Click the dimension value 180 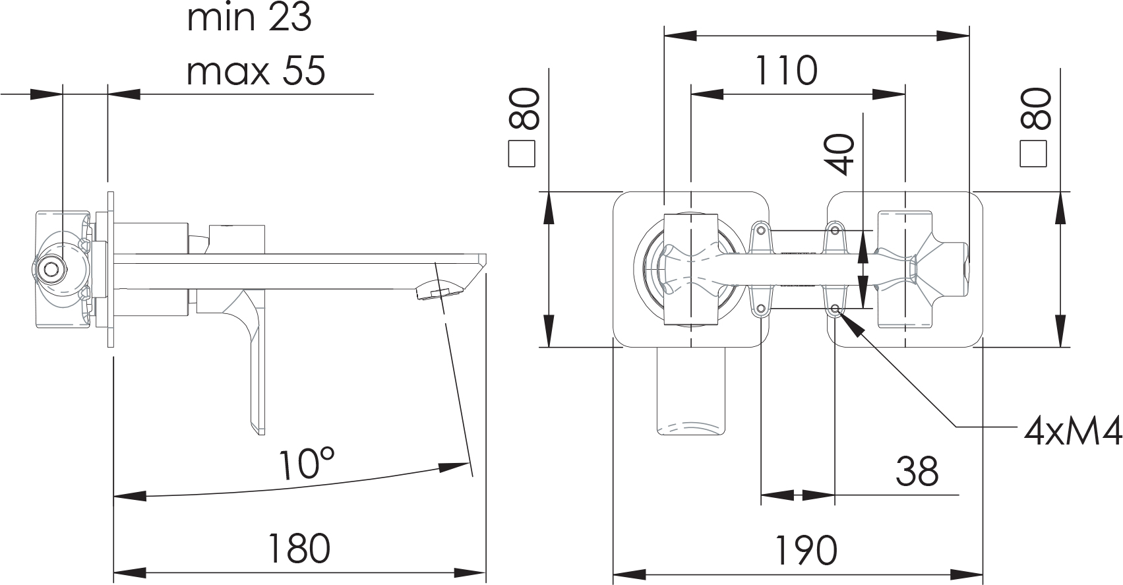pos(299,549)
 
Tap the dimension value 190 pos(806,551)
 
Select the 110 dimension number pos(785,70)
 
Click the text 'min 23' pos(249,18)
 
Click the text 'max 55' pos(256,70)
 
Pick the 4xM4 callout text pos(1072,433)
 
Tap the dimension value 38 pos(917,472)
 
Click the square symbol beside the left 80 pos(522,154)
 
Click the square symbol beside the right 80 pos(1033,154)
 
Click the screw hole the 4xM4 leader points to pos(835,309)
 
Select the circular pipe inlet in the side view pos(49,269)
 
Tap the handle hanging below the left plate pos(691,391)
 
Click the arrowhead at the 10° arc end pos(454,467)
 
